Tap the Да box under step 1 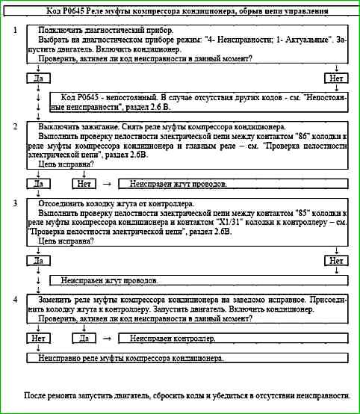(37, 78)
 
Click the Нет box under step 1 (337, 78)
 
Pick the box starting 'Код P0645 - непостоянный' (199, 103)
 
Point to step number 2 (16, 126)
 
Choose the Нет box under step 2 (84, 182)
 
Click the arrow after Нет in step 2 (107, 182)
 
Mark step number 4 (16, 298)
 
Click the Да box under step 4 (84, 339)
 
